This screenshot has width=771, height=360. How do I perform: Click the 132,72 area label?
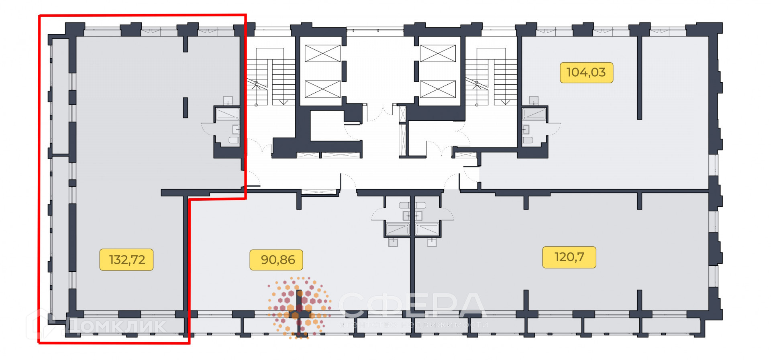(x=126, y=260)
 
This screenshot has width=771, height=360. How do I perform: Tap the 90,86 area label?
(x=276, y=260)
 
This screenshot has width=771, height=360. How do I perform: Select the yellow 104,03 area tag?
(x=586, y=73)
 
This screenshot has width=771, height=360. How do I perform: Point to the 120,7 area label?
(x=569, y=257)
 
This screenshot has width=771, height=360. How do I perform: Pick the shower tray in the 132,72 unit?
(x=228, y=114)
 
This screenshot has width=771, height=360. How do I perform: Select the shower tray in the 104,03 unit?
(x=534, y=114)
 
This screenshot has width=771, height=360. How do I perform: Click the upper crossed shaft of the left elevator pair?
(x=322, y=53)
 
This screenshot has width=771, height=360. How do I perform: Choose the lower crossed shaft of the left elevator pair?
(x=322, y=89)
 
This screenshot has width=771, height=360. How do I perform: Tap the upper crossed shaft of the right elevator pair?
(x=438, y=53)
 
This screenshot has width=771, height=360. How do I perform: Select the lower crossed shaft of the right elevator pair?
(x=438, y=89)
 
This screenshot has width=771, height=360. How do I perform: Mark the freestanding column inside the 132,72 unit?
(x=185, y=108)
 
